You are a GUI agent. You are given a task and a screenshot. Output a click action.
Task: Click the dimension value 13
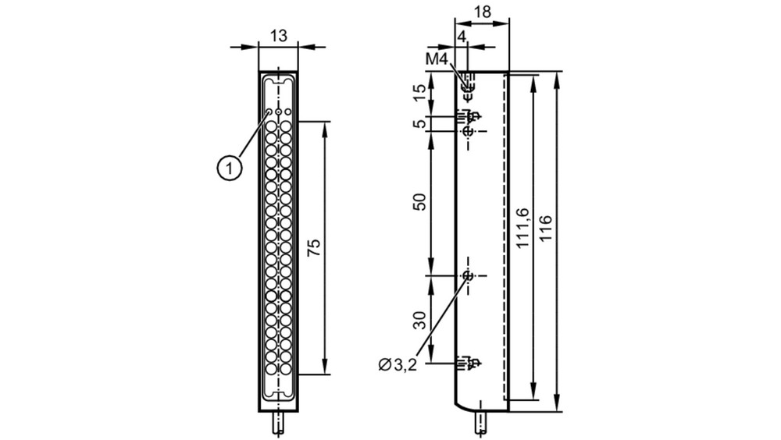coord(279,36)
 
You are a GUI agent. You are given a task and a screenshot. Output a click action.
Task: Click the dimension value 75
coord(314,248)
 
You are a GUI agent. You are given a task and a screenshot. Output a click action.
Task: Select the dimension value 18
coord(482,12)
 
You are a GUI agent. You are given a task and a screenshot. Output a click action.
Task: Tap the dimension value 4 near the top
coord(462,36)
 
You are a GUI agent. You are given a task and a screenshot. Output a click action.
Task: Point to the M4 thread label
coord(437,59)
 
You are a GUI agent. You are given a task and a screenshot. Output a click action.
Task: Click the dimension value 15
coord(421,92)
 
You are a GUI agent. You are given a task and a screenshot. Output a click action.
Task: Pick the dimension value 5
coord(421,123)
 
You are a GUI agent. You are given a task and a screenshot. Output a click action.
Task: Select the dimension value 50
coord(421,201)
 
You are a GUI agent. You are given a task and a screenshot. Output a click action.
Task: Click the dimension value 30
coord(421,320)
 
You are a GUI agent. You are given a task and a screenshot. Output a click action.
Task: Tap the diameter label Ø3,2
coord(397,365)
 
